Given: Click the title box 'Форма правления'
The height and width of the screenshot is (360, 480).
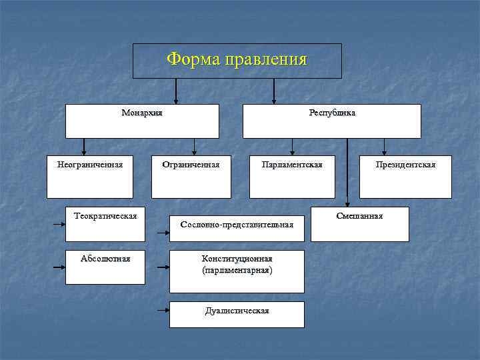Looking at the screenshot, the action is point(237,61).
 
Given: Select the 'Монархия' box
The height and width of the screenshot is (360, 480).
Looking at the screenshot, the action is point(142,121).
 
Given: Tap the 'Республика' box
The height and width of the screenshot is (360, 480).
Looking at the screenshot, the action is point(331,121).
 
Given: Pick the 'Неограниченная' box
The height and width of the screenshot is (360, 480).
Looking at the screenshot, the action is point(90,177).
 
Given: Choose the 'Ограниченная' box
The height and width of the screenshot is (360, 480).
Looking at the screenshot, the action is point(191,177).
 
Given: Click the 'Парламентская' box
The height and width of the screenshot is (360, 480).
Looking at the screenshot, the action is point(292,177).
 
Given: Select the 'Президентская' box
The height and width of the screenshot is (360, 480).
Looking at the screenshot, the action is point(405,177).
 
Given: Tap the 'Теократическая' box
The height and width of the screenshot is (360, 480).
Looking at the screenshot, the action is point(105,224).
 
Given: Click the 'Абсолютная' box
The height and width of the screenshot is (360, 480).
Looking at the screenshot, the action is point(105,267).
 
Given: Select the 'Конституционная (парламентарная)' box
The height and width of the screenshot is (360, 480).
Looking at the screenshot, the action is point(237,271).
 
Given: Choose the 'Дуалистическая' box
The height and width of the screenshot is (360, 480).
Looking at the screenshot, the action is point(237,314).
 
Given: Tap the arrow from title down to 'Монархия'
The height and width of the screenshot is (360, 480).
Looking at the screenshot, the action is point(176,91).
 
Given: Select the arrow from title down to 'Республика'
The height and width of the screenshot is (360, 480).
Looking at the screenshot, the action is point(274,91).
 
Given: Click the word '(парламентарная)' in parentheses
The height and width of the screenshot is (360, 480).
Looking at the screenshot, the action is point(237,271).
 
